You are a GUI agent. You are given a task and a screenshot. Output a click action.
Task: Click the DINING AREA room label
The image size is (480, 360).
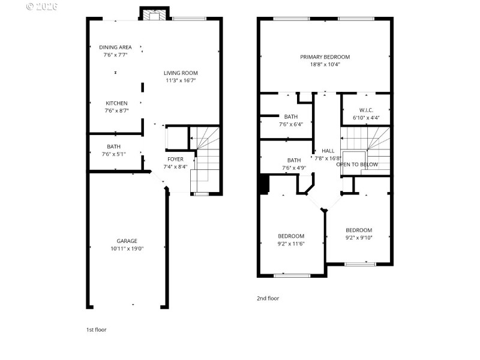[x=115, y=47]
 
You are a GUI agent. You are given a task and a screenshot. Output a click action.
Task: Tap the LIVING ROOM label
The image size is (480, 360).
[x=181, y=73]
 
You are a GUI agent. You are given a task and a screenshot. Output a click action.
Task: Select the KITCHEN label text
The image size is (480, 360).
[x=116, y=103]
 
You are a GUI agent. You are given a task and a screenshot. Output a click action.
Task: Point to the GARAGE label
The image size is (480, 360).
[x=127, y=241]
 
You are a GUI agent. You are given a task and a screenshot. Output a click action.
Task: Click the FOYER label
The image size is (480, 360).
[x=175, y=159]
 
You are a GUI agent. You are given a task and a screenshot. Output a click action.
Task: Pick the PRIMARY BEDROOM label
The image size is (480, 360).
[x=325, y=57]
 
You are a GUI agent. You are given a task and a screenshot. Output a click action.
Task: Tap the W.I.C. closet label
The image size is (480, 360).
[x=366, y=110]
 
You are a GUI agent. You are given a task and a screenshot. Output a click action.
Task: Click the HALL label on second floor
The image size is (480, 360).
[x=328, y=151]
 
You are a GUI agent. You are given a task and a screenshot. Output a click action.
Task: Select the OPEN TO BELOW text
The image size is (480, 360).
[x=357, y=164]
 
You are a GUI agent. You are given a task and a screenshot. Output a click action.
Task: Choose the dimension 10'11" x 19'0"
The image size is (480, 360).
[x=127, y=248]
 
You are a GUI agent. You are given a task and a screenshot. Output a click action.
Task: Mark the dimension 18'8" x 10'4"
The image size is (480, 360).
[x=325, y=64]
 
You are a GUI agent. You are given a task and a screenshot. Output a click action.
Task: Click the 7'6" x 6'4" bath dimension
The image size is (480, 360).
[x=291, y=124]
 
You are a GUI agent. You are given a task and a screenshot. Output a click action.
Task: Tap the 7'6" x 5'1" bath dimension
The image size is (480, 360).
[x=114, y=154]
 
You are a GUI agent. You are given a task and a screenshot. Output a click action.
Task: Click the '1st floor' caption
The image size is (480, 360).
[x=97, y=329]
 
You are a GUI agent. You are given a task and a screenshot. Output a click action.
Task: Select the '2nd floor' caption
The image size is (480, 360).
[x=268, y=298]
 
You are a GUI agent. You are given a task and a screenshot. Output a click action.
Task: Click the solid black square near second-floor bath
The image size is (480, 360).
[x=263, y=184]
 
